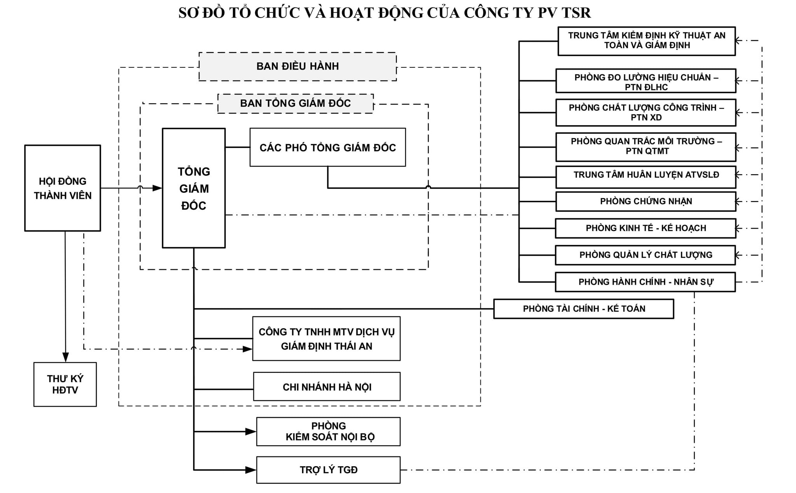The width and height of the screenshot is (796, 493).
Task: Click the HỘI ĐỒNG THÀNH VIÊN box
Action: [x=63, y=188]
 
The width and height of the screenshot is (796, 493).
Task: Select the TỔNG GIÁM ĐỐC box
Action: [x=194, y=188]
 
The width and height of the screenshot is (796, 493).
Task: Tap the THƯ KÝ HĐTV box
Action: [x=65, y=384]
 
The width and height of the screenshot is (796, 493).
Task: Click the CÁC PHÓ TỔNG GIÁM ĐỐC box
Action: [x=327, y=147]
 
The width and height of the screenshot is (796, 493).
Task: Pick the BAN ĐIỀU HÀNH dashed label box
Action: [x=297, y=67]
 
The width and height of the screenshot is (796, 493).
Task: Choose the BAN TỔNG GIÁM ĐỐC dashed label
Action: [x=295, y=104]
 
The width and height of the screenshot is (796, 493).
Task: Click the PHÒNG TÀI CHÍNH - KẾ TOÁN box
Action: [x=583, y=309]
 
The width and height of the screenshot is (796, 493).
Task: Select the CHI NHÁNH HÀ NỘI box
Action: [x=326, y=387]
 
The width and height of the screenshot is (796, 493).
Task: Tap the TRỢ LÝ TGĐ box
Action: [x=328, y=470]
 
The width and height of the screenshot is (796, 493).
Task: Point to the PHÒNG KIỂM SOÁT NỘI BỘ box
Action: [x=328, y=432]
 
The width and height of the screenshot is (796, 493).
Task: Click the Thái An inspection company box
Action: [x=326, y=339]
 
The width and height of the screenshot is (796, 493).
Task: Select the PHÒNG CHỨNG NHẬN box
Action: [x=646, y=202]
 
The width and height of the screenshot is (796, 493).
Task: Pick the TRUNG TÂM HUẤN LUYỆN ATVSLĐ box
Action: [x=646, y=175]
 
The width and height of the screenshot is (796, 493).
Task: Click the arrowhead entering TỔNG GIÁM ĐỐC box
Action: [x=157, y=188]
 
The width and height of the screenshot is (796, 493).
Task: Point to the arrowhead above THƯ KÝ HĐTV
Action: [x=65, y=357]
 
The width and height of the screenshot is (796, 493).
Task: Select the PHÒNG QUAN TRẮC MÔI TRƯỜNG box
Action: [x=646, y=147]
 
